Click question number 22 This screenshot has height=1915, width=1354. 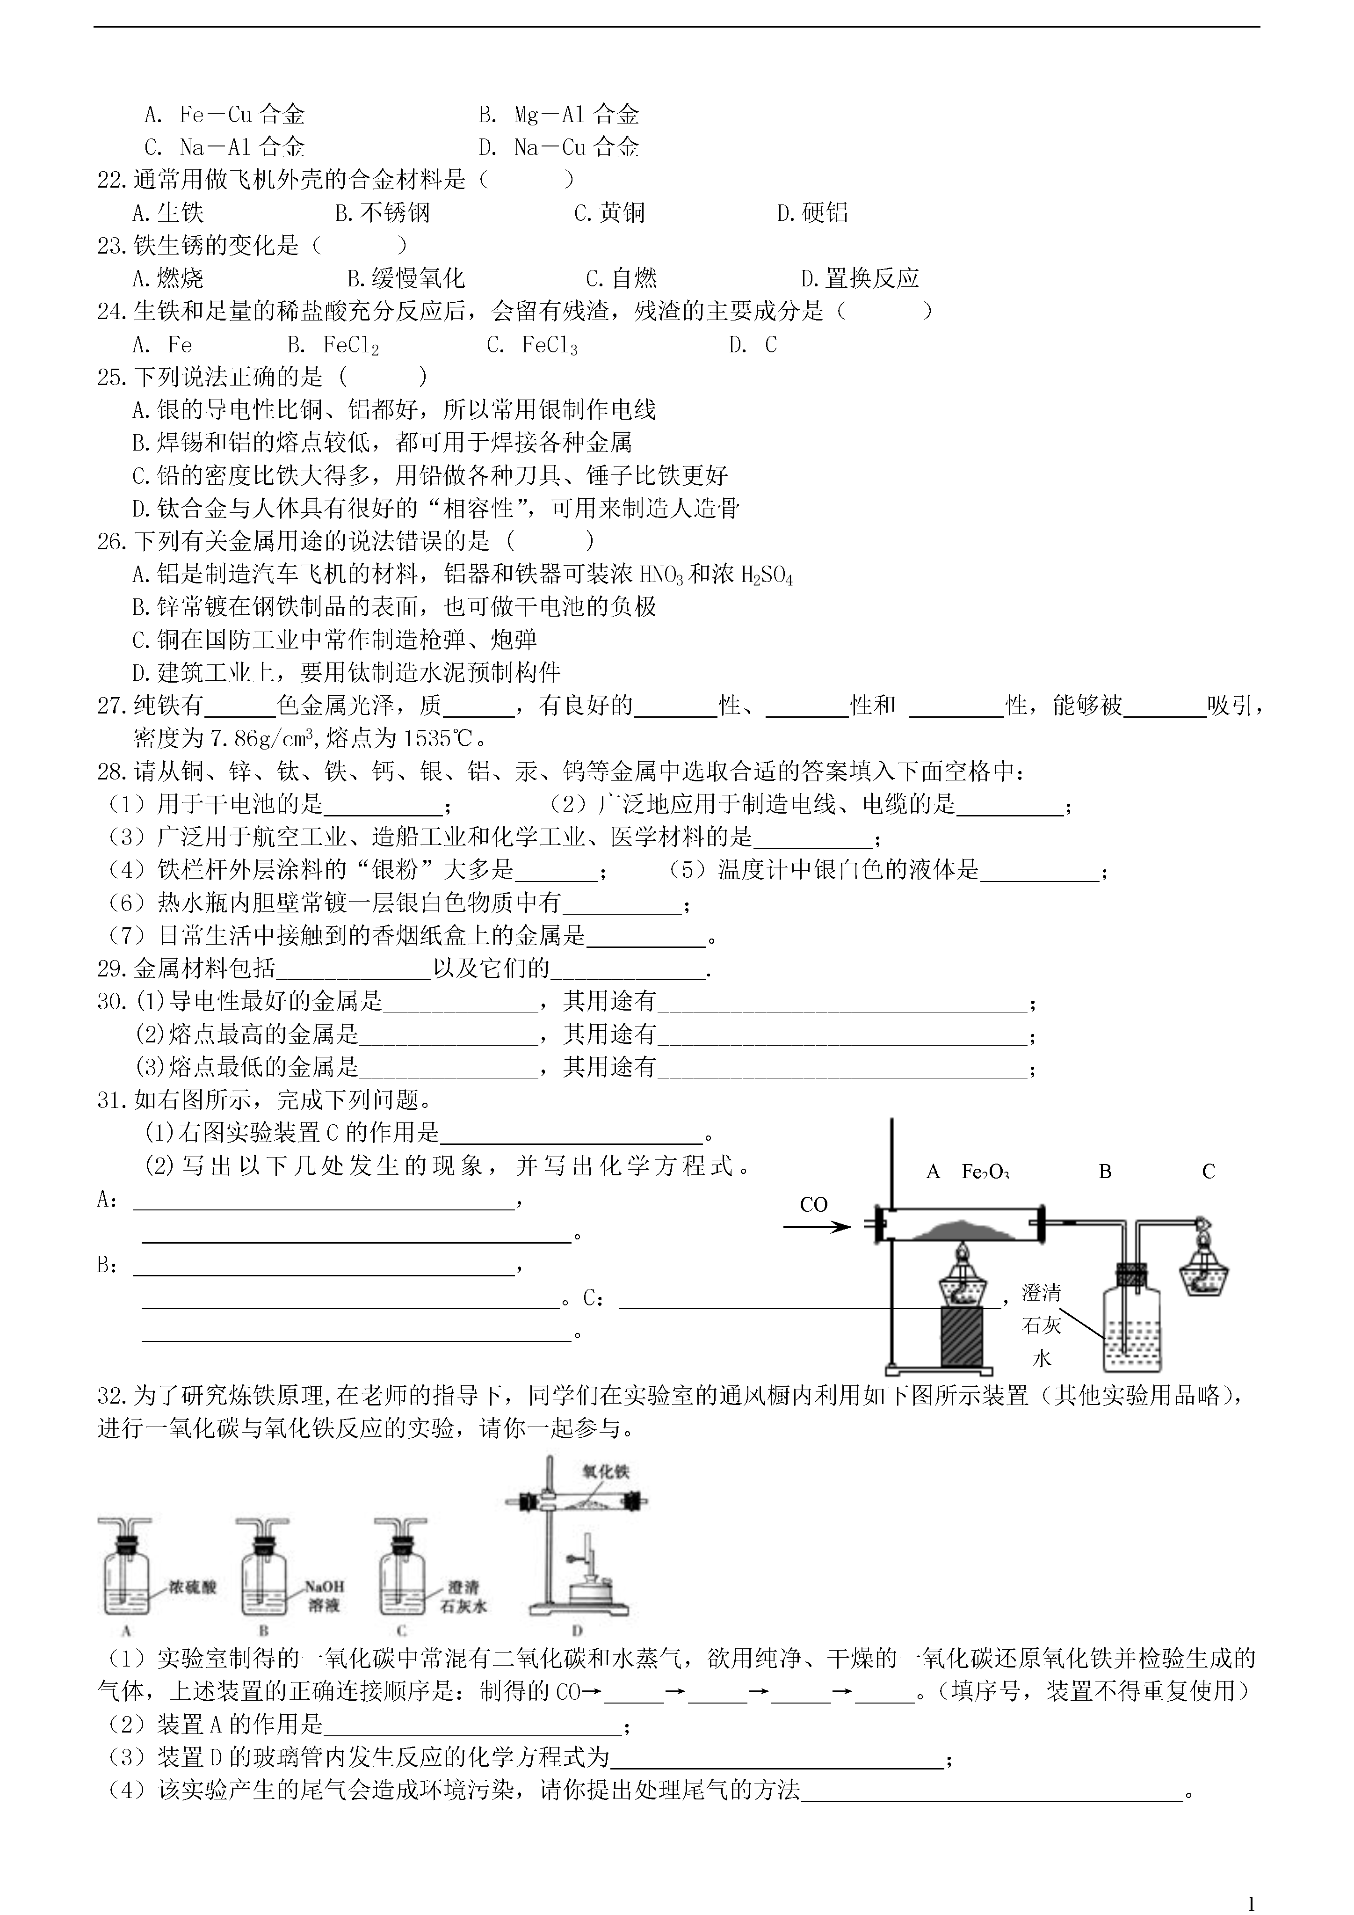pyautogui.click(x=114, y=179)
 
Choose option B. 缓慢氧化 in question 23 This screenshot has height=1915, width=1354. pyautogui.click(x=406, y=278)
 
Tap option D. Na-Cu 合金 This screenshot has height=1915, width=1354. pyautogui.click(x=558, y=148)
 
